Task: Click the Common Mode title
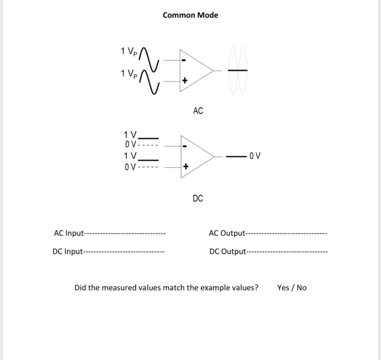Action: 190,15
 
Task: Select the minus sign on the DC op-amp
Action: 185,146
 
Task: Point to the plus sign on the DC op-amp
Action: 185,167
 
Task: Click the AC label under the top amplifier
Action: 198,111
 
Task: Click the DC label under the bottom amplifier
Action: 198,198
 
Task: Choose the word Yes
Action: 283,288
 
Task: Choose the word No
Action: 302,288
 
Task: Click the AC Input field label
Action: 69,233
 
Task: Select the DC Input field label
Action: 67,252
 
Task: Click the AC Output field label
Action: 227,233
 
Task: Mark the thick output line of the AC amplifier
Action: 237,70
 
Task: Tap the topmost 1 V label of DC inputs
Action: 131,134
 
